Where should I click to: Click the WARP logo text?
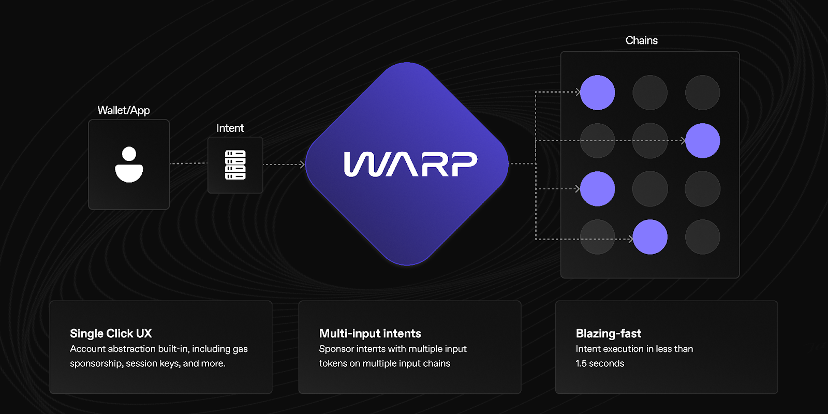[x=410, y=164]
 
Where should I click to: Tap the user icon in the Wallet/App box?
[x=129, y=165]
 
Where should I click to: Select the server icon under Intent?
[x=235, y=165]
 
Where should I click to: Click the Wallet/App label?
[x=124, y=110]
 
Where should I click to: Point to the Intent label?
[x=230, y=128]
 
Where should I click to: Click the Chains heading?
[x=641, y=40]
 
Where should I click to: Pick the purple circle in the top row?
[x=598, y=93]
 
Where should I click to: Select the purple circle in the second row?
[x=702, y=141]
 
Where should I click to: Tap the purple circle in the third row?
[x=598, y=189]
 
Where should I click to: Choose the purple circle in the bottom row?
[x=650, y=237]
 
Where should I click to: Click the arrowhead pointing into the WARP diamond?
[x=302, y=165]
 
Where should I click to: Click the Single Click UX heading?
[x=111, y=333]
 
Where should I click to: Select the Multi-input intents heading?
[x=370, y=333]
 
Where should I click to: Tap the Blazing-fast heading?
[x=609, y=333]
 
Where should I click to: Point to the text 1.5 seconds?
[x=600, y=363]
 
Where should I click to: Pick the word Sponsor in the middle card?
[x=336, y=349]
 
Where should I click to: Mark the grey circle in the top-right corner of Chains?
[x=702, y=93]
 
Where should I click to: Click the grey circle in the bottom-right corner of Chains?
[x=702, y=237]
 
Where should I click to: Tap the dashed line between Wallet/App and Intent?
[x=188, y=164]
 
